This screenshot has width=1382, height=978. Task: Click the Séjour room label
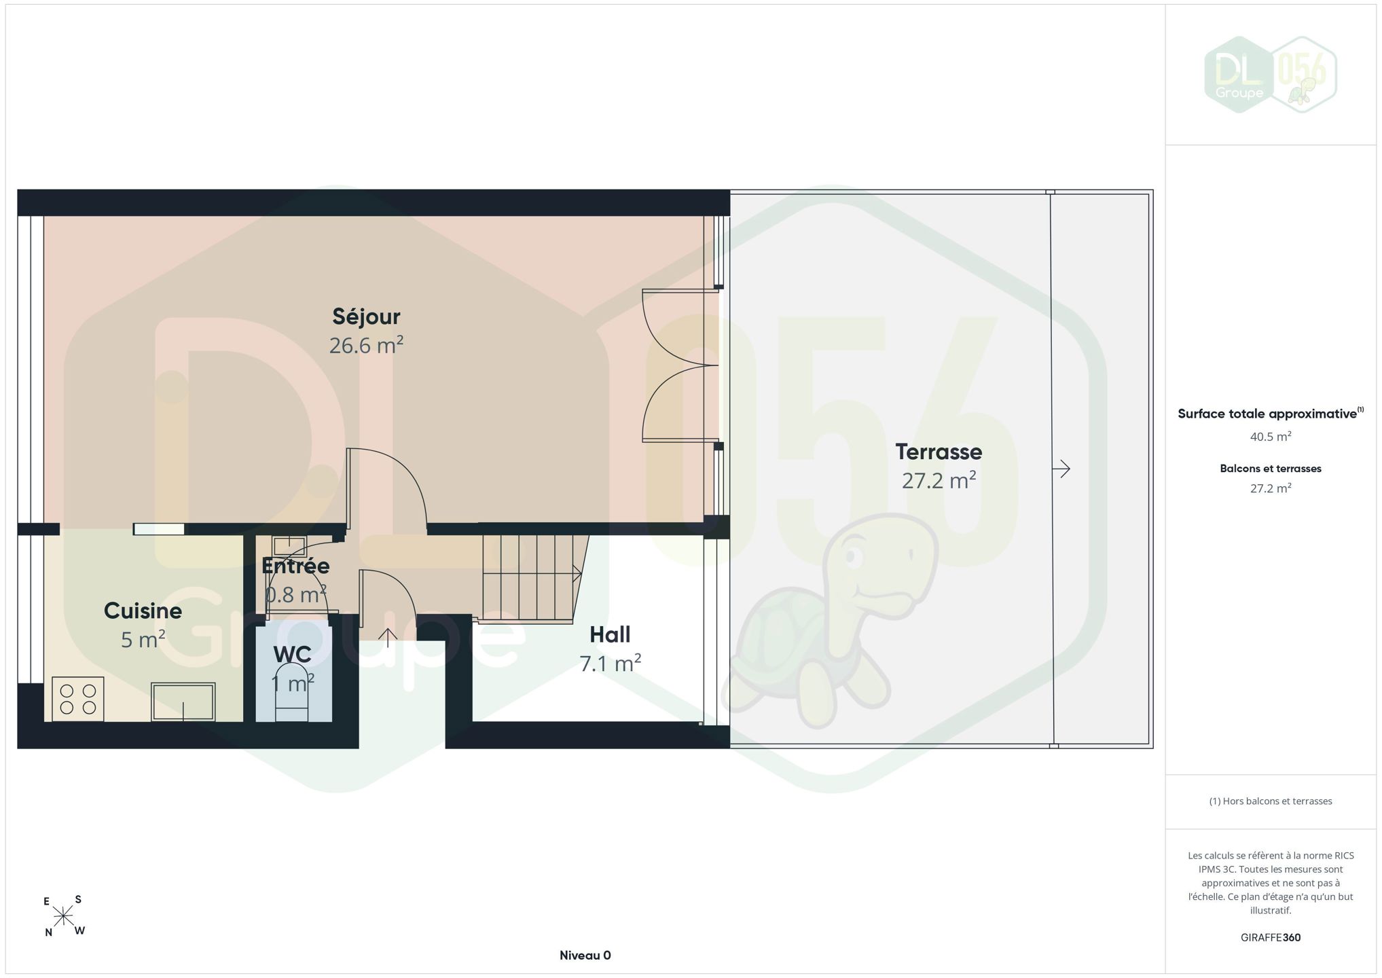click(x=366, y=316)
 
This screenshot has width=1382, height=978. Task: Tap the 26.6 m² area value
click(x=366, y=345)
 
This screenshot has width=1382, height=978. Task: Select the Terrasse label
click(x=939, y=452)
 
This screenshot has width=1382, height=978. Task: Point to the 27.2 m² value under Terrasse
click(x=939, y=480)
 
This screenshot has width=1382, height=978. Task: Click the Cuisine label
click(x=143, y=611)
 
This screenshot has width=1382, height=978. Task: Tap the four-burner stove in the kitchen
click(x=77, y=699)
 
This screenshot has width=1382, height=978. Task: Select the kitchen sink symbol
click(x=183, y=702)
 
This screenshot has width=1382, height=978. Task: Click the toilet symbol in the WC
click(x=291, y=692)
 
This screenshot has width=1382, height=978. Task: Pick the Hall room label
click(x=610, y=634)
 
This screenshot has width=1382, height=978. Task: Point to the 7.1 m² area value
click(x=610, y=663)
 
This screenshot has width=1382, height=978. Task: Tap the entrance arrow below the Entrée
click(x=388, y=638)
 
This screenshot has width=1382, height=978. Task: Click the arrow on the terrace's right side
click(x=1061, y=469)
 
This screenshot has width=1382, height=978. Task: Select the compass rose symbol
click(x=64, y=917)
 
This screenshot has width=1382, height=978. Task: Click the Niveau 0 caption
click(x=585, y=955)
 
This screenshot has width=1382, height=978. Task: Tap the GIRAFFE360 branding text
click(x=1270, y=937)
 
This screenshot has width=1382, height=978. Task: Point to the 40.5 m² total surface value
click(x=1270, y=437)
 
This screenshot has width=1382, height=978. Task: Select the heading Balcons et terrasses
click(x=1270, y=469)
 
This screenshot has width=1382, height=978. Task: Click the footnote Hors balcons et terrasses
click(x=1270, y=801)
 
